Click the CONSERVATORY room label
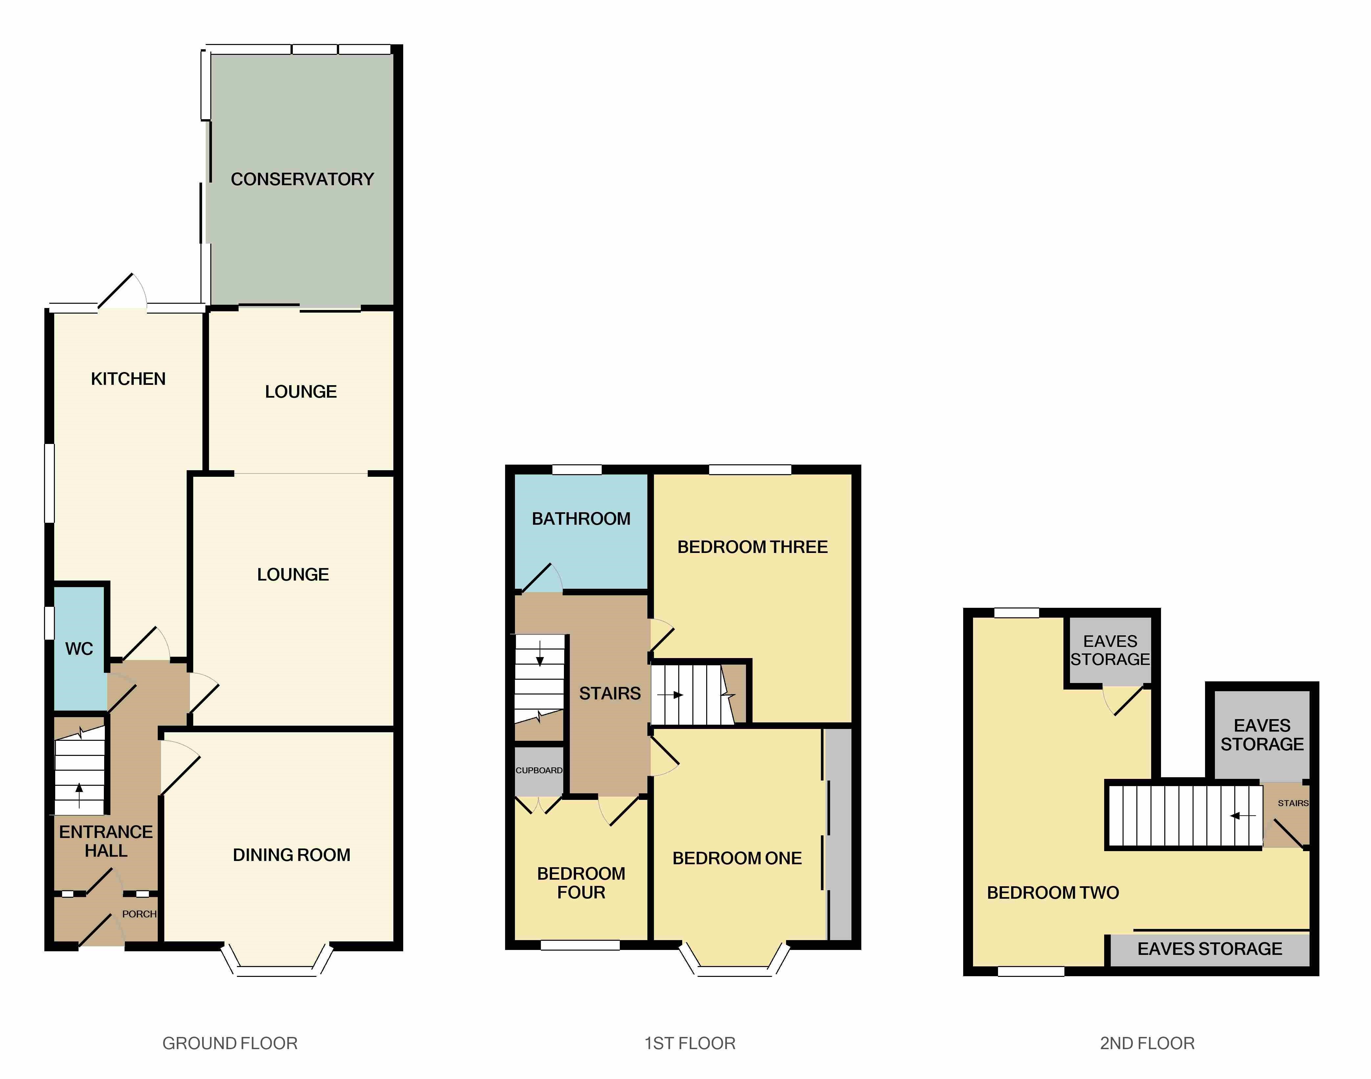click(302, 179)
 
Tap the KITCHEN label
click(128, 379)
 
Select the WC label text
click(79, 649)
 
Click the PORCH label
click(139, 914)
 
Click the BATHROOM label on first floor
click(581, 519)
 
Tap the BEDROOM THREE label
click(752, 547)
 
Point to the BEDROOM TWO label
click(1053, 892)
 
